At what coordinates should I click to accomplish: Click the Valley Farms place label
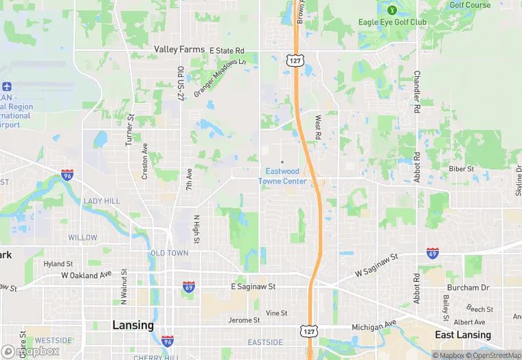[x=179, y=49]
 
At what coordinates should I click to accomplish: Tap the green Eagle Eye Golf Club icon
[x=391, y=10]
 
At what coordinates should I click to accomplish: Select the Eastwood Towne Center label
[x=282, y=176]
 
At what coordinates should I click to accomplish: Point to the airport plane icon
[x=7, y=87]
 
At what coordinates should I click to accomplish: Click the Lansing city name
[x=133, y=325]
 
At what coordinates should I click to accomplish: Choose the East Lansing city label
[x=463, y=335]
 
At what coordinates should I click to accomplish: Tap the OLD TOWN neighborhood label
[x=169, y=253]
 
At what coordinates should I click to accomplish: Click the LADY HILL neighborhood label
[x=102, y=201]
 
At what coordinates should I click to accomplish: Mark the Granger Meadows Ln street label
[x=220, y=78]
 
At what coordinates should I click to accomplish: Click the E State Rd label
[x=227, y=51]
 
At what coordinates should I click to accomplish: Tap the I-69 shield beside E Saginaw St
[x=188, y=286]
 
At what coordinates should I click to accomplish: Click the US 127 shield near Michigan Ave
[x=308, y=331]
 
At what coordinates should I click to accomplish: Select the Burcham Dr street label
[x=468, y=287]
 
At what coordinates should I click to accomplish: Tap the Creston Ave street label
[x=144, y=161]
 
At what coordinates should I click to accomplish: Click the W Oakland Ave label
[x=86, y=275]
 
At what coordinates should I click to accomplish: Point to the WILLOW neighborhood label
[x=82, y=238]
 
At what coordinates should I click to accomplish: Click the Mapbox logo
[x=30, y=351]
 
